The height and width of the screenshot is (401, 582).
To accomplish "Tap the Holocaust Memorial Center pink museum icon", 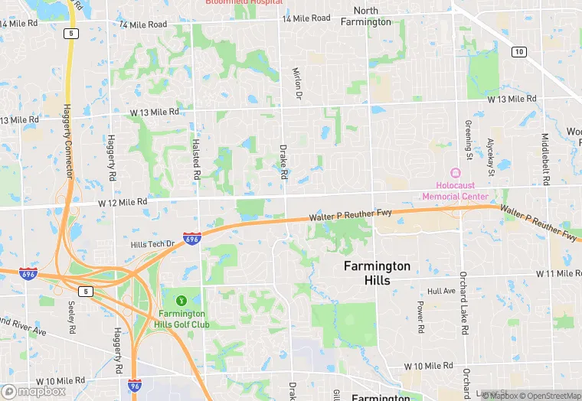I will point(456,173).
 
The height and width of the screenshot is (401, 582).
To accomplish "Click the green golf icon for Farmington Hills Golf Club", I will point(182,299).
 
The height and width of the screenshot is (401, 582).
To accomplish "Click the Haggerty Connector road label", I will point(67,141).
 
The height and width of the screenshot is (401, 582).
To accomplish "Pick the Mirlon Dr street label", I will point(297,83).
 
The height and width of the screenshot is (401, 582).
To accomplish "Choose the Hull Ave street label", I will point(441,291).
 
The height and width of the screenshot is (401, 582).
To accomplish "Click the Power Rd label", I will point(420,316).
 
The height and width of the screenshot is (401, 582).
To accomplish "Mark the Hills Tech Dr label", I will point(153,243).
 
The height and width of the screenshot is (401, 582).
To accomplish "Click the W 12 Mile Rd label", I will point(122,202).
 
